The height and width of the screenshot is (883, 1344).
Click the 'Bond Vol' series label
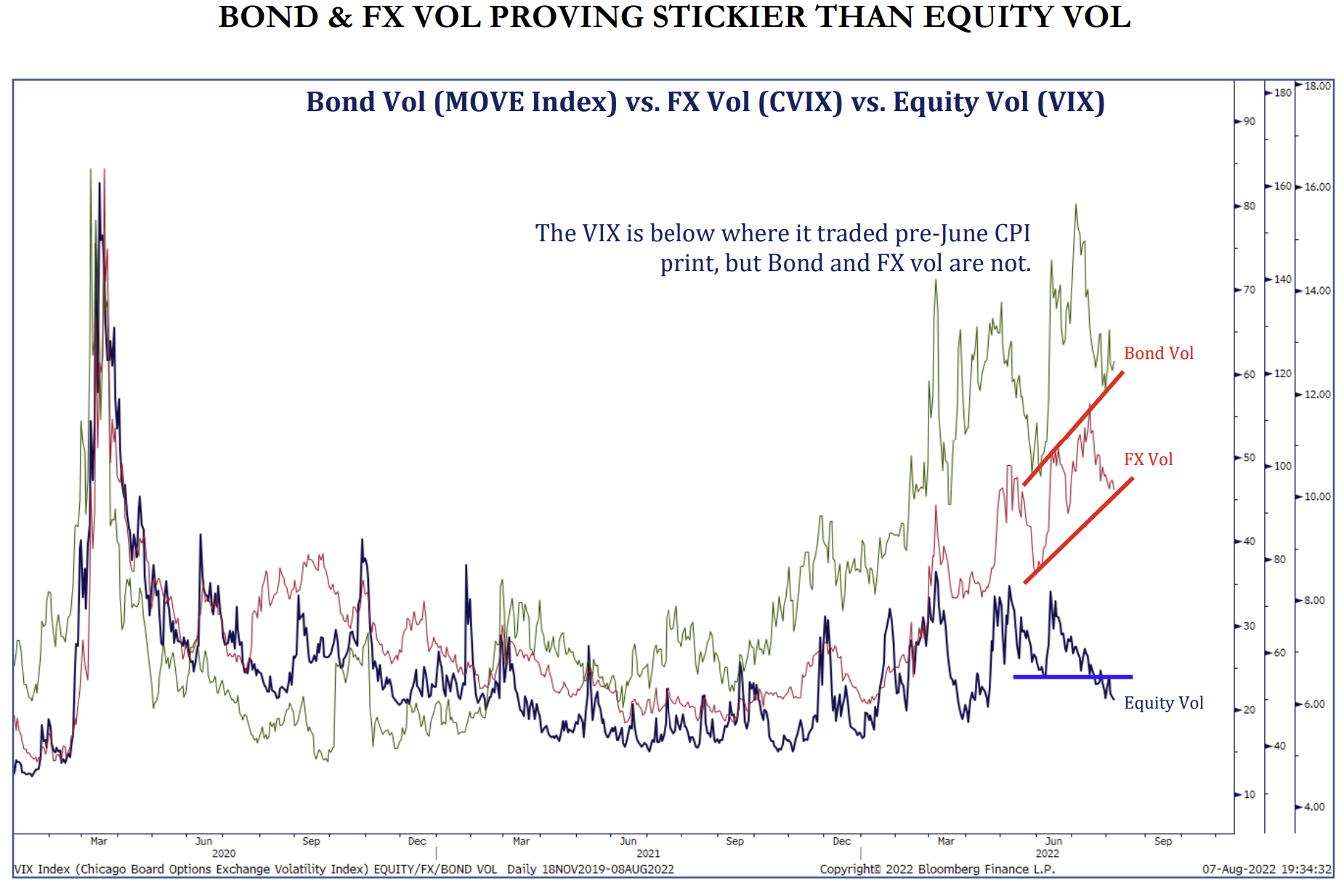1158,353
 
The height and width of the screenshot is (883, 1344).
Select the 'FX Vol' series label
1148,459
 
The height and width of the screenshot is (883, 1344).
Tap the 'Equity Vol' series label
1163,703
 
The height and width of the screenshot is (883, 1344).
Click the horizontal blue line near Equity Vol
1072,677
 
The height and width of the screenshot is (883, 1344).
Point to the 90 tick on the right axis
1249,121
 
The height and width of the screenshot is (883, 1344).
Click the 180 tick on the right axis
1282,92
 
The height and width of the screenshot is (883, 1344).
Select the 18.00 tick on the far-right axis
1317,86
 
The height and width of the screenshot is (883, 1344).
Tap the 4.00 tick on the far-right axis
1314,807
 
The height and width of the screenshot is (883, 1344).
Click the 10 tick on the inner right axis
1249,794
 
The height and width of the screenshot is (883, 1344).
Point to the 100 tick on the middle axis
1282,466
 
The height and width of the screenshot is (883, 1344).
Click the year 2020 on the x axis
224,853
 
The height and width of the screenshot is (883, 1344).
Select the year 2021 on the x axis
648,853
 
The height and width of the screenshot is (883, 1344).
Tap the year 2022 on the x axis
1047,853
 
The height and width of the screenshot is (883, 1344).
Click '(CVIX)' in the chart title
800,102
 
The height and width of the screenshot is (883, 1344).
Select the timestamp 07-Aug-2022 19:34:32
1266,869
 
